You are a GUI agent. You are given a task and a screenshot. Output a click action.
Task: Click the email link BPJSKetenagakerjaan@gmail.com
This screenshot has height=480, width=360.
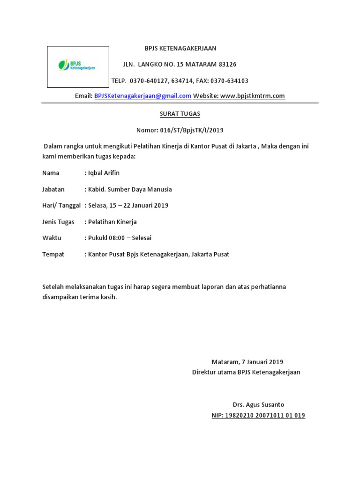pyautogui.click(x=142, y=96)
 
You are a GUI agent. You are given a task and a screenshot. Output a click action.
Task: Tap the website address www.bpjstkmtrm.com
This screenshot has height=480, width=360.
pyautogui.click(x=252, y=96)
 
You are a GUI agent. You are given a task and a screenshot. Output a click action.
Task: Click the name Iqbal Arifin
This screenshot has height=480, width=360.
pyautogui.click(x=104, y=173)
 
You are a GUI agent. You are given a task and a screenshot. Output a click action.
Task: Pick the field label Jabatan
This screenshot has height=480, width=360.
pyautogui.click(x=53, y=189)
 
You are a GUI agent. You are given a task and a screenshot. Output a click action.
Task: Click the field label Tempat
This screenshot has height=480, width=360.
pyautogui.click(x=53, y=255)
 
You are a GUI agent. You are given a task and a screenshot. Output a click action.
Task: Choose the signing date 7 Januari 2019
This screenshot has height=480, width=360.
pyautogui.click(x=262, y=362)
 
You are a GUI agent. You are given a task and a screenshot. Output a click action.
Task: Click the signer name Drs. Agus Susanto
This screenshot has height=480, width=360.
pyautogui.click(x=258, y=405)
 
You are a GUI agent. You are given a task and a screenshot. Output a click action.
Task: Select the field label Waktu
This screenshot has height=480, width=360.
pyautogui.click(x=52, y=238)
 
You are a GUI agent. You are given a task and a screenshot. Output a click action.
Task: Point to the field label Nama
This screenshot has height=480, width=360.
pyautogui.click(x=51, y=173)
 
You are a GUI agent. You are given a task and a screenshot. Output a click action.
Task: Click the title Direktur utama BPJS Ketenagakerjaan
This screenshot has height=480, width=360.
pyautogui.click(x=246, y=372)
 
